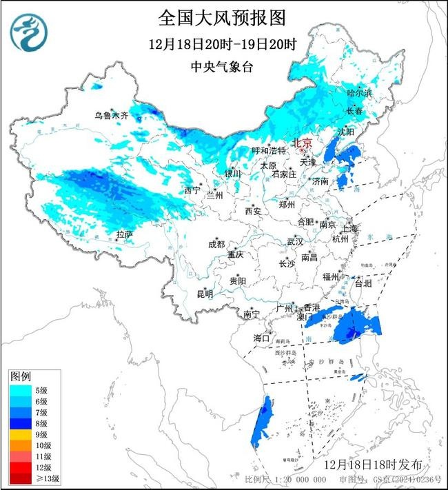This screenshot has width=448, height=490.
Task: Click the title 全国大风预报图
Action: click(x=222, y=17)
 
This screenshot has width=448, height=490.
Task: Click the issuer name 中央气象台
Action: click(x=222, y=67)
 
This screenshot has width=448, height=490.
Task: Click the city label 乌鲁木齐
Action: click(x=112, y=116)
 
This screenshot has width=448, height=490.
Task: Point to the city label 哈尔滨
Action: click(x=359, y=92)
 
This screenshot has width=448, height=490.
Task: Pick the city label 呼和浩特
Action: click(x=269, y=150)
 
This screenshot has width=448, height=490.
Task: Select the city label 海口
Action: click(x=261, y=338)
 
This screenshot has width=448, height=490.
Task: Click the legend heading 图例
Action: click(x=20, y=376)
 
